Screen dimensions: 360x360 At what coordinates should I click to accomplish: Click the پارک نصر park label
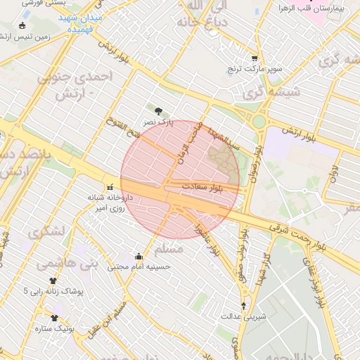158,122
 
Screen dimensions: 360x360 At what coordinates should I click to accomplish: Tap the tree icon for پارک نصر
158,110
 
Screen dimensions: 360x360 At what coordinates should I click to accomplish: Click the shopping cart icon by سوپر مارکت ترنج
254,59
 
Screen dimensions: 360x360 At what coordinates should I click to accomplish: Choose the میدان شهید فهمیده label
79,23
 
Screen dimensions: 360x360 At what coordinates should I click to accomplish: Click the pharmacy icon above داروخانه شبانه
110,188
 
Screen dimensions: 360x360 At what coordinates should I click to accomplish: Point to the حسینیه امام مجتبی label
139,267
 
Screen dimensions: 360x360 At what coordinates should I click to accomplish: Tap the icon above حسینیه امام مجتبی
139,255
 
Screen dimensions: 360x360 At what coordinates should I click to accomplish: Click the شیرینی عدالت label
244,316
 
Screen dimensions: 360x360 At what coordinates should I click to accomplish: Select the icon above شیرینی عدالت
244,305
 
